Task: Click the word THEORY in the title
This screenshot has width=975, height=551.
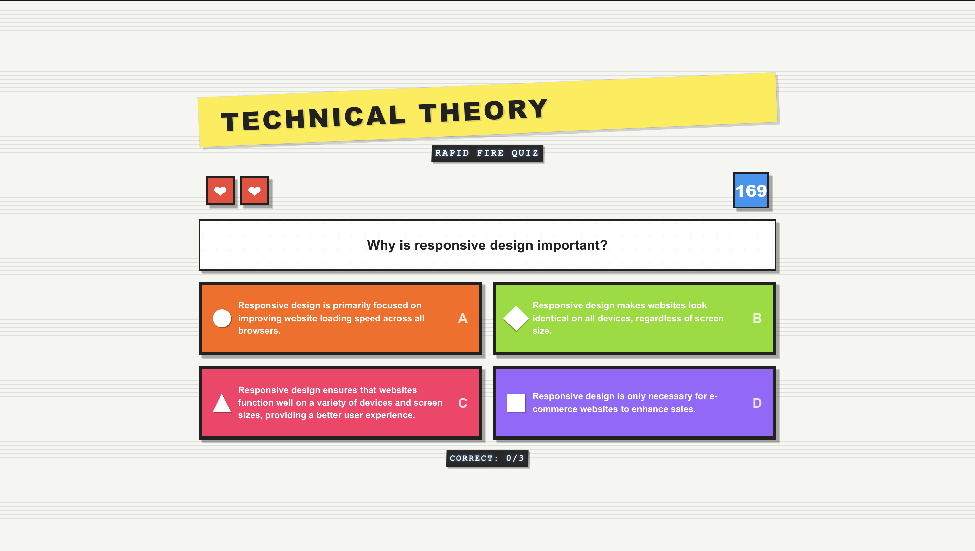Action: (483, 111)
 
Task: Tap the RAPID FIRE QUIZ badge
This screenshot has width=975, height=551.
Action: (487, 153)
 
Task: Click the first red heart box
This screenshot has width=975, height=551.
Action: (220, 190)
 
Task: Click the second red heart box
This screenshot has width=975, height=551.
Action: (254, 190)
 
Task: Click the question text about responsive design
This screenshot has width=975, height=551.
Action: (487, 245)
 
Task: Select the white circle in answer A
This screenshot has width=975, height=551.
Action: (222, 318)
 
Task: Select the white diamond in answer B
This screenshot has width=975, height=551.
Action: (516, 318)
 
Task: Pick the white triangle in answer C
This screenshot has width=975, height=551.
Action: (222, 403)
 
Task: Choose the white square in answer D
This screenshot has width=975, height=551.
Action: (516, 403)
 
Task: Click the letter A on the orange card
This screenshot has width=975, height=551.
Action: (462, 318)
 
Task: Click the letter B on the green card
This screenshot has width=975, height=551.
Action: (757, 318)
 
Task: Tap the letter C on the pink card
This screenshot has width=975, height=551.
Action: (462, 403)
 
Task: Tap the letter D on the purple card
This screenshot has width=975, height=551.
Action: (757, 403)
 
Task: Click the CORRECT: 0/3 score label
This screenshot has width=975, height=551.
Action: (487, 458)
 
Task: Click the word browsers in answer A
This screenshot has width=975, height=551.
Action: (259, 331)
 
